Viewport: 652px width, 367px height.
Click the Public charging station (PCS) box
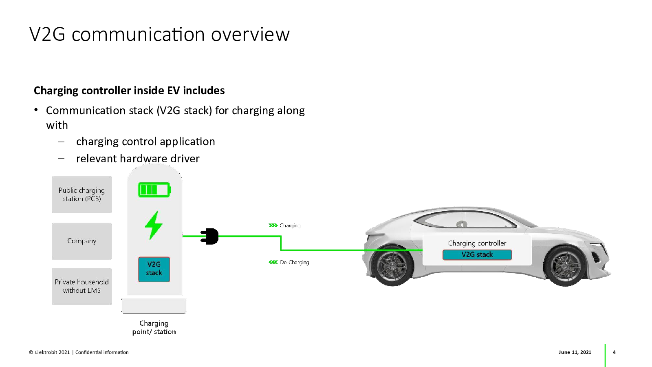pyautogui.click(x=81, y=195)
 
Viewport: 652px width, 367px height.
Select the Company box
pyautogui.click(x=81, y=241)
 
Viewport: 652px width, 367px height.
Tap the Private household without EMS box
pyautogui.click(x=81, y=286)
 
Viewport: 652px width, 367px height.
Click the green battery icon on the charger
pyautogui.click(x=154, y=190)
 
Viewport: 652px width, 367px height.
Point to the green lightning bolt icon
pyautogui.click(x=154, y=225)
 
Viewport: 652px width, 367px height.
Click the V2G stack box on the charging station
pyautogui.click(x=154, y=269)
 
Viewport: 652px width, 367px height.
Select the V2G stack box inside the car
pyautogui.click(x=477, y=255)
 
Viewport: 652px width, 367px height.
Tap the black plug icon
pyautogui.click(x=210, y=237)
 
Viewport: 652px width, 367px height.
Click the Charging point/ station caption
pyautogui.click(x=154, y=327)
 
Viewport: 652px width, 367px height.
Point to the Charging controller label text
pyautogui.click(x=477, y=243)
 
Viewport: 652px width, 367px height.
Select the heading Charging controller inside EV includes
pyautogui.click(x=129, y=91)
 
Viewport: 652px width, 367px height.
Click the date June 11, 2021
pyautogui.click(x=575, y=352)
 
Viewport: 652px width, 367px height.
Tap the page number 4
pyautogui.click(x=614, y=352)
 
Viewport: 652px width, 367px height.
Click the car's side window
pyautogui.click(x=465, y=221)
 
